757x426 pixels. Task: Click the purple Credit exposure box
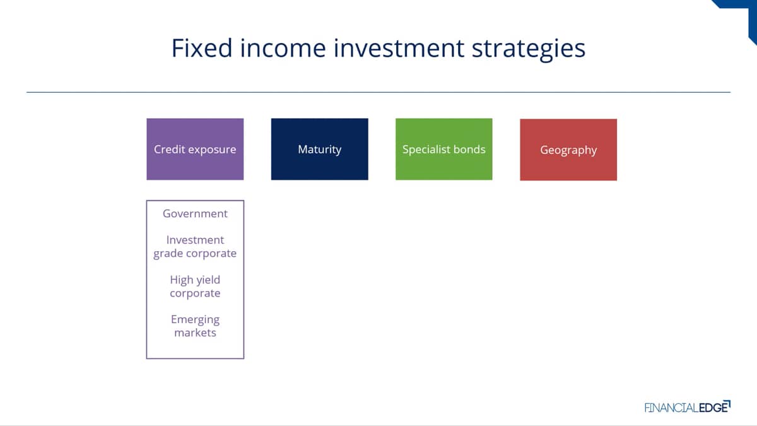pyautogui.click(x=195, y=149)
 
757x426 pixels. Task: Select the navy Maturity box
pyautogui.click(x=319, y=149)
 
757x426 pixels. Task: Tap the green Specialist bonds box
pyautogui.click(x=443, y=149)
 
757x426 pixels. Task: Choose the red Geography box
pyautogui.click(x=568, y=150)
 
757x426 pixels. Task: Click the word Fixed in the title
pyautogui.click(x=202, y=48)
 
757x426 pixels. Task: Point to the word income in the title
pyautogui.click(x=283, y=48)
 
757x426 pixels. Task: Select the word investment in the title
pyautogui.click(x=399, y=48)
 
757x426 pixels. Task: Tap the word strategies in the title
pyautogui.click(x=529, y=50)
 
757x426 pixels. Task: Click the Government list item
pyautogui.click(x=195, y=214)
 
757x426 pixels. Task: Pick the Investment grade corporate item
pyautogui.click(x=195, y=247)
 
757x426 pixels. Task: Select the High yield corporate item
pyautogui.click(x=195, y=287)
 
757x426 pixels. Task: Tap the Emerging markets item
pyautogui.click(x=195, y=326)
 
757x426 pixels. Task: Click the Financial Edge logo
pyautogui.click(x=688, y=406)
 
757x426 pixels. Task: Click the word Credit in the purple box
pyautogui.click(x=169, y=149)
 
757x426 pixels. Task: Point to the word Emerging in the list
pyautogui.click(x=195, y=320)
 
